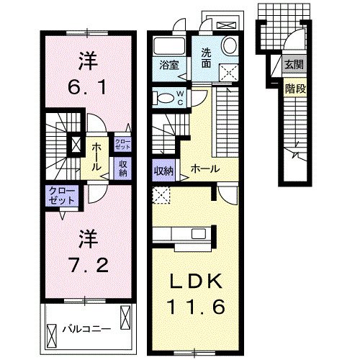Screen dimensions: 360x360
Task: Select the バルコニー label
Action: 86,329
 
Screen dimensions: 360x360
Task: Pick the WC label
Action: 180,98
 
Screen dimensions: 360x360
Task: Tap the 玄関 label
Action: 293,65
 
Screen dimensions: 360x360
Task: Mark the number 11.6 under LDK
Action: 195,307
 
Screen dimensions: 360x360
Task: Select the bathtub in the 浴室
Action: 168,46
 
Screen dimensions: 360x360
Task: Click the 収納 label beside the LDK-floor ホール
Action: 163,171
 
